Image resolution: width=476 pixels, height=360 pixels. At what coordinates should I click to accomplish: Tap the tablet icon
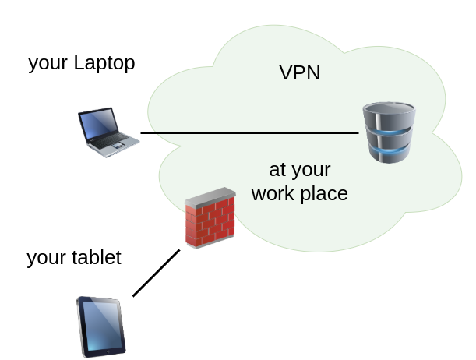101,326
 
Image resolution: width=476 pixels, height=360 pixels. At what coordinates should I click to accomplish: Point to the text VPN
300,73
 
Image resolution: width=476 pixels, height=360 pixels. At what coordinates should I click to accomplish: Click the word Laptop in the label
104,63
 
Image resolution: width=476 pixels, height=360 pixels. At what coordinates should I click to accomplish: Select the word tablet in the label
97,258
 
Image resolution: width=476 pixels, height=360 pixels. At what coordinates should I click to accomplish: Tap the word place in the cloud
322,194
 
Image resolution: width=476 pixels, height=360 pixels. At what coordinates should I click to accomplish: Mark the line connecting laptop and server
249,132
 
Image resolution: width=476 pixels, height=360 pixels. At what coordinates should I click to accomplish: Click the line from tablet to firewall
156,274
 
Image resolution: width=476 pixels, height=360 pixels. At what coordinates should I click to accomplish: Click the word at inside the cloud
277,170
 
